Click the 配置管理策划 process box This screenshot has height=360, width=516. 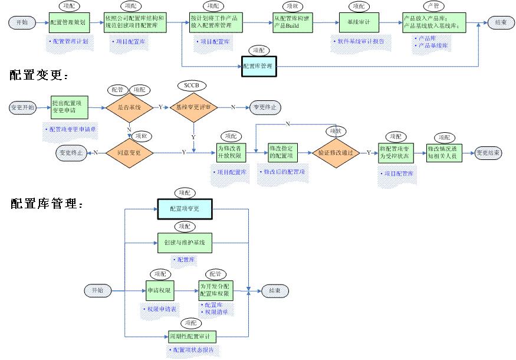(68, 23)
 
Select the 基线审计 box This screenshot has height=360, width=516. (359, 23)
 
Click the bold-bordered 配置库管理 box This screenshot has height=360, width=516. (259, 66)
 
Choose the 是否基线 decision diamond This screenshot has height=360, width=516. (129, 107)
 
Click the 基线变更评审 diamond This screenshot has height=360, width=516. (194, 107)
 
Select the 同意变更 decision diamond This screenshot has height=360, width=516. (129, 152)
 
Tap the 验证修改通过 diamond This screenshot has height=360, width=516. (336, 152)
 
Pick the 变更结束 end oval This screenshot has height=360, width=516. (489, 152)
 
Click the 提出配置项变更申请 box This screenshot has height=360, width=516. (70, 106)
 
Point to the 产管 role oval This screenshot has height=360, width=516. (432, 6)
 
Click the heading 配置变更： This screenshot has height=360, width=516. (39, 76)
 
